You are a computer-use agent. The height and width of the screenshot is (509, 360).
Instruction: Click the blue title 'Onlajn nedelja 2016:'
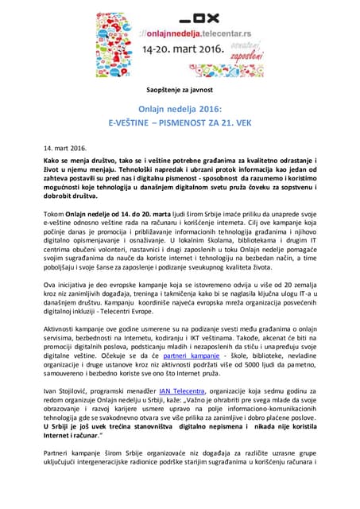pos(180,112)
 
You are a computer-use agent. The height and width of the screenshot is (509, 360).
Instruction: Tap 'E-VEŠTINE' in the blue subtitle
pos(133,126)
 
